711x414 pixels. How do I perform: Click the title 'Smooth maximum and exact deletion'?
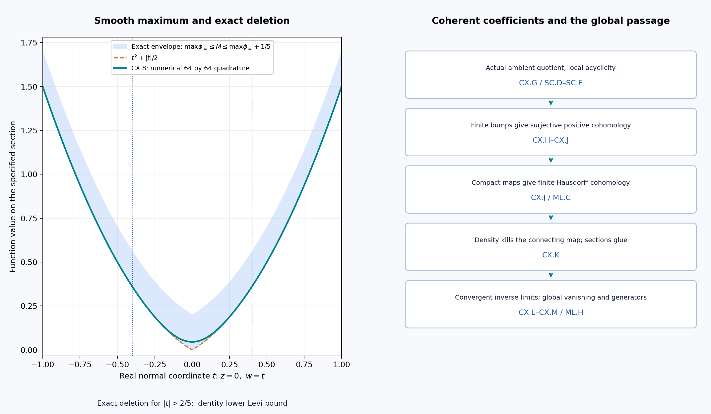pos(192,21)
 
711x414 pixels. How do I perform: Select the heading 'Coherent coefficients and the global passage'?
pos(550,21)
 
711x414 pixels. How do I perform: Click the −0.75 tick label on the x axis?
pos(80,365)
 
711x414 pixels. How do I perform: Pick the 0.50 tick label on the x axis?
pos(267,365)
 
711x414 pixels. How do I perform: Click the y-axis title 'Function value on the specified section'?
pos(13,197)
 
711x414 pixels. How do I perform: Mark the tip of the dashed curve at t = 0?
pos(192,350)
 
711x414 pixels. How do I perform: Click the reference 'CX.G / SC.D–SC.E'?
pos(550,83)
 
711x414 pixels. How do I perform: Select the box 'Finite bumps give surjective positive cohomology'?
pos(550,132)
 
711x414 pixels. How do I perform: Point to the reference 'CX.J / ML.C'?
pos(550,198)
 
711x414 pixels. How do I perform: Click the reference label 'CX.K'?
pos(550,255)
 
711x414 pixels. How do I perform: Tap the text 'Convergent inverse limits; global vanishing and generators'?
pos(550,298)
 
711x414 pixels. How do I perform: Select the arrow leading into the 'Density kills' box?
pos(551,218)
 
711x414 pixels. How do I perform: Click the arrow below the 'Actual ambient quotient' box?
pos(551,103)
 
